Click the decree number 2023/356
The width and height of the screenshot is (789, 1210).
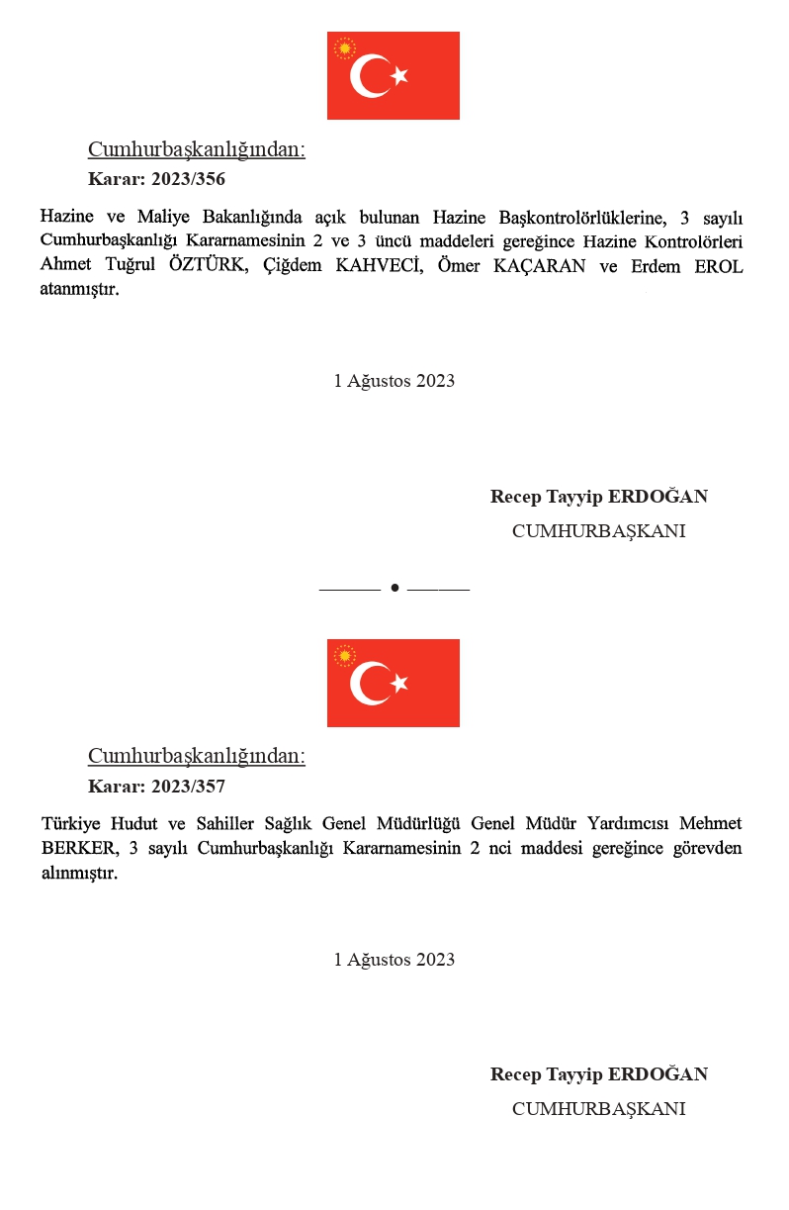click(x=188, y=179)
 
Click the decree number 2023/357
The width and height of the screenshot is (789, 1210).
click(x=188, y=787)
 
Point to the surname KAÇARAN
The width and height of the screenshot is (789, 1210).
click(x=540, y=266)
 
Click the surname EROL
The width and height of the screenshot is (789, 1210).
click(x=719, y=266)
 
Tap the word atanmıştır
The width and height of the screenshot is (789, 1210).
click(x=80, y=291)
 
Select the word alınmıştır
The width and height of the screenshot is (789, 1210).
click(x=80, y=874)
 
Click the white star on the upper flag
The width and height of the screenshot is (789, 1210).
click(x=399, y=76)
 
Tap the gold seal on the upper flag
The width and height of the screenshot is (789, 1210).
click(x=344, y=47)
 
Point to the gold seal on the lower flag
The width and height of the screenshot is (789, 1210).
click(x=344, y=655)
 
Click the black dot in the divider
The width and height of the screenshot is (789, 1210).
click(x=394, y=588)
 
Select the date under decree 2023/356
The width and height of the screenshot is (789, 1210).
click(x=394, y=381)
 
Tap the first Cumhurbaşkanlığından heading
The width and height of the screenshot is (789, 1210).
click(x=197, y=149)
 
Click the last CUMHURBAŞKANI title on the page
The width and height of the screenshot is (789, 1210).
click(x=598, y=1109)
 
